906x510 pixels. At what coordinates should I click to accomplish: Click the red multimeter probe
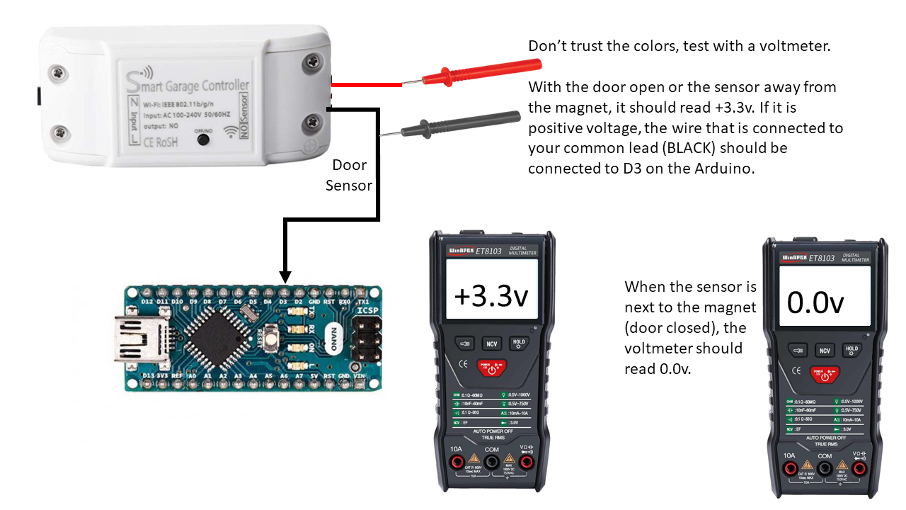pos(481,73)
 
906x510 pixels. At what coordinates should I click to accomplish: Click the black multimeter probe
pos(460,124)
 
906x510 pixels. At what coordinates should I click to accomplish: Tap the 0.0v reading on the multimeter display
pos(816,303)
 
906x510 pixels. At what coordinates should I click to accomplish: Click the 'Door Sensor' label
pos(349,175)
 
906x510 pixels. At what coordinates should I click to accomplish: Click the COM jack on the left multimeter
pos(491,463)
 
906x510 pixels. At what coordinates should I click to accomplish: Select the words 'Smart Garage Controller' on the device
pos(186,86)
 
